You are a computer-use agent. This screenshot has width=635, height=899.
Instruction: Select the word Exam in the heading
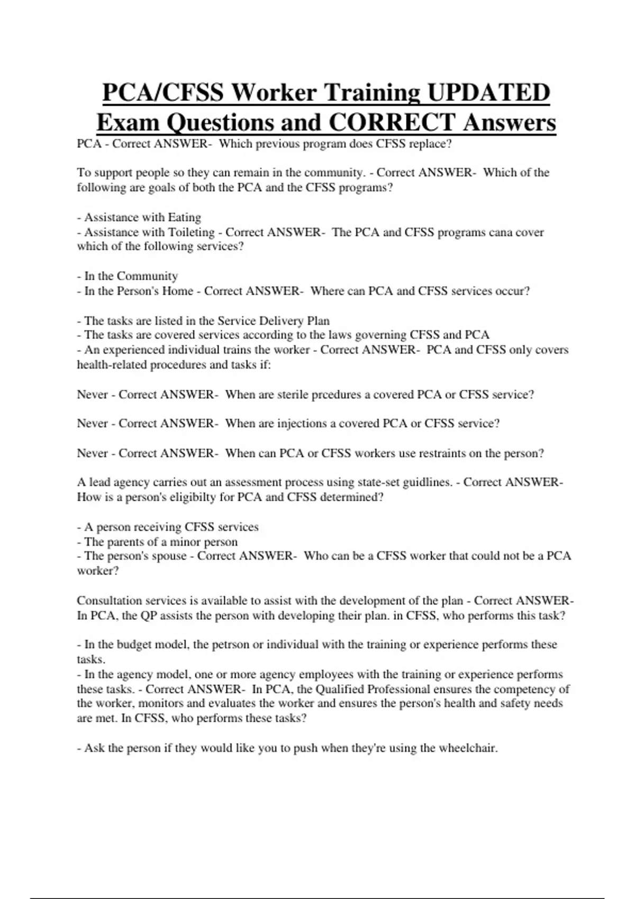click(127, 123)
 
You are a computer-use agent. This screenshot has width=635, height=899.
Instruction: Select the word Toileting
click(191, 232)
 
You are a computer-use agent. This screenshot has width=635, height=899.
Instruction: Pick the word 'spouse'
click(168, 556)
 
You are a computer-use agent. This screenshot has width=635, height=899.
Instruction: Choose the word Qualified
click(340, 689)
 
